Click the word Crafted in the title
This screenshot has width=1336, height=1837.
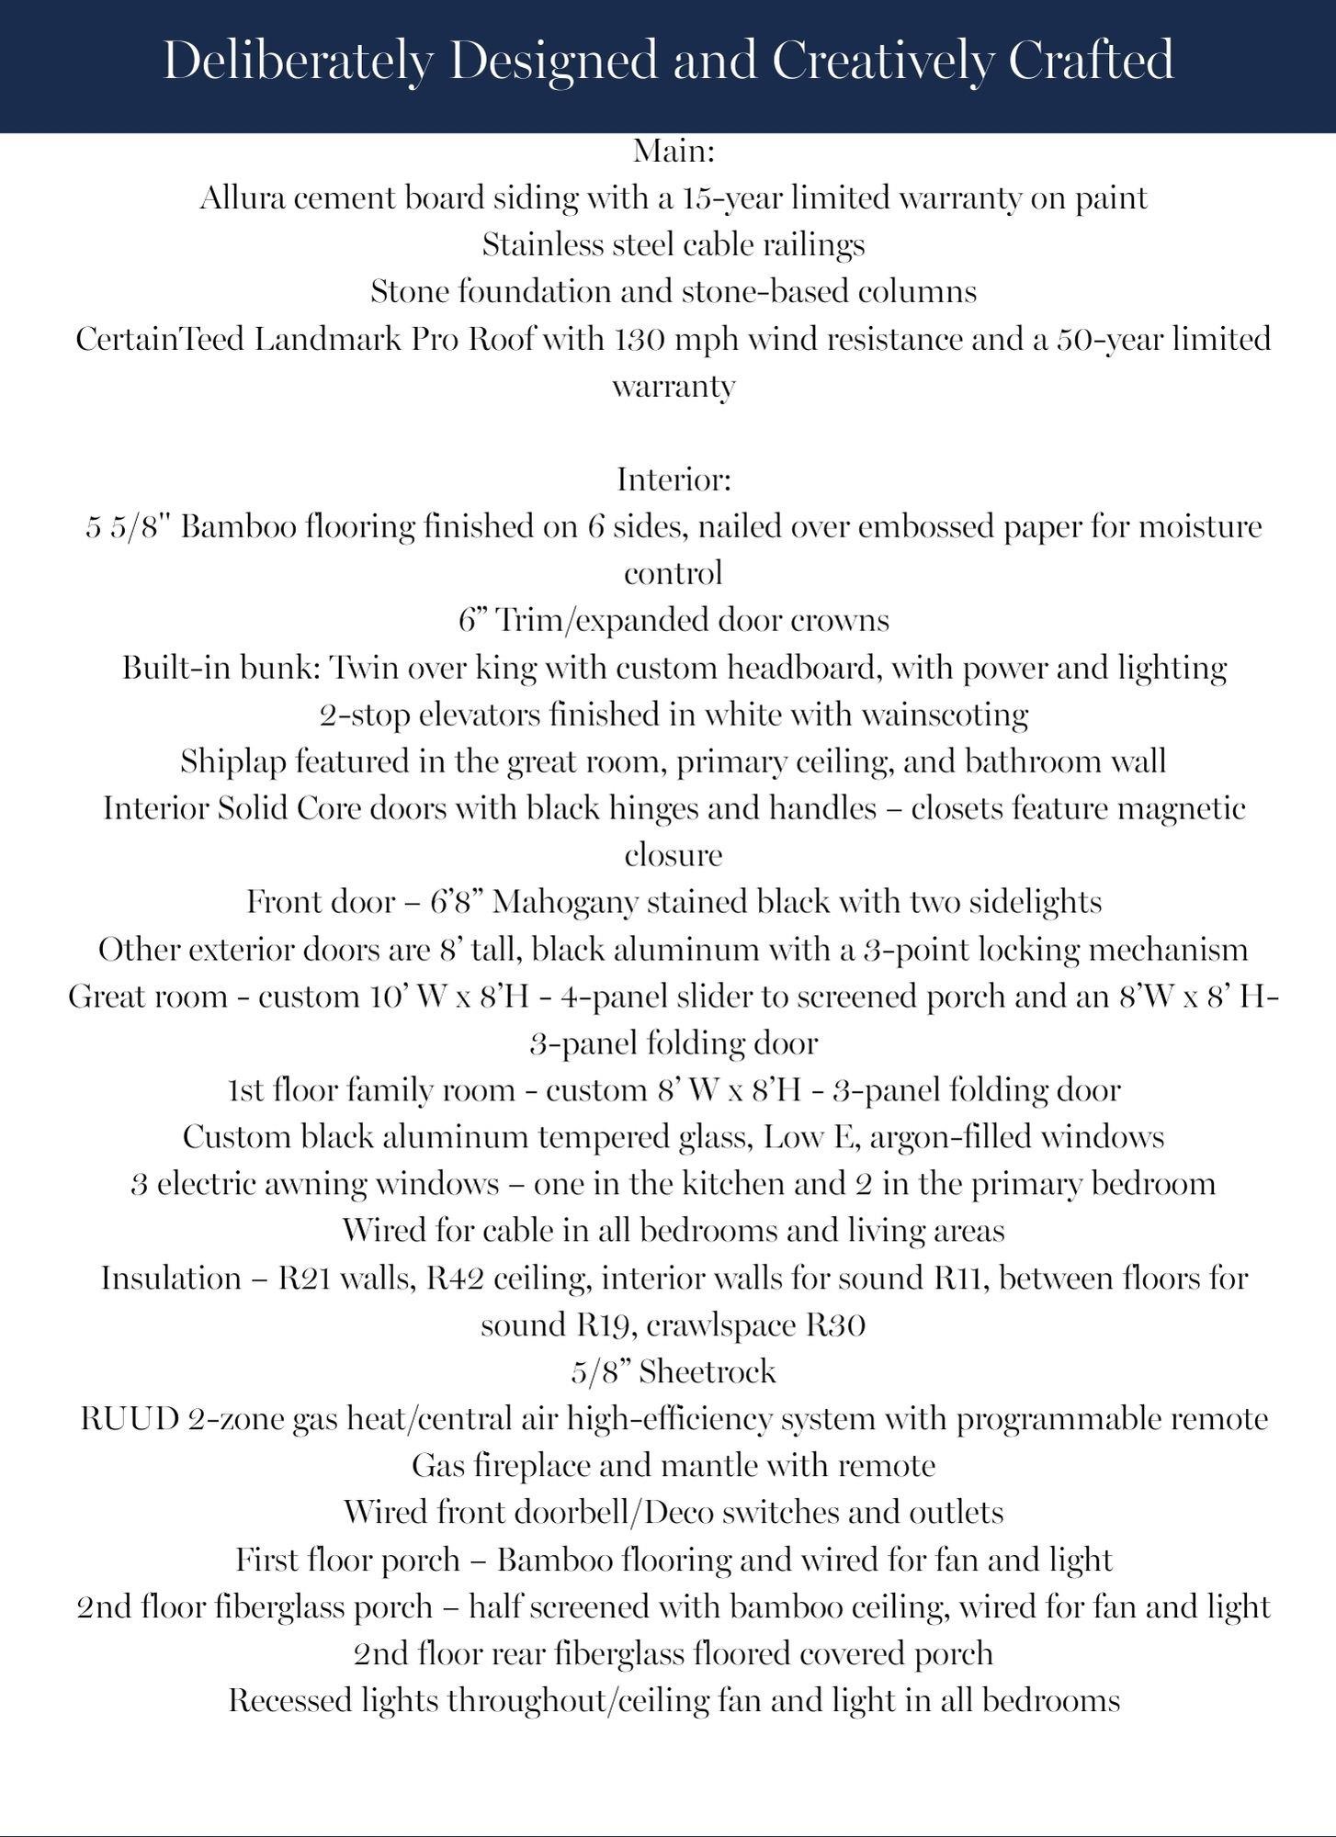[x=1091, y=61]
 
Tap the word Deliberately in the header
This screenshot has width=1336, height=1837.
[x=298, y=62]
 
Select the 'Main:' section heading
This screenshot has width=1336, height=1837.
[x=674, y=150]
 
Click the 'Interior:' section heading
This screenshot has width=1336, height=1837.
[x=674, y=479]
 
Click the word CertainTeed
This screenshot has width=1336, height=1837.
[x=159, y=339]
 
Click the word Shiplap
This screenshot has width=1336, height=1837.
[x=232, y=761]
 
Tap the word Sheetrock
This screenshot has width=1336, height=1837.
[x=708, y=1372]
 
